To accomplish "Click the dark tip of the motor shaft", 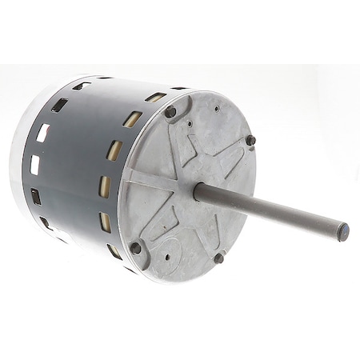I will click(342, 232).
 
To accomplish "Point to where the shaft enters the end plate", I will click(198, 191).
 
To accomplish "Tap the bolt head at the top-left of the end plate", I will click(170, 112).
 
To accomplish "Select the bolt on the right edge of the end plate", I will click(250, 141).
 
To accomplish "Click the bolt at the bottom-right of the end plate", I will click(218, 258).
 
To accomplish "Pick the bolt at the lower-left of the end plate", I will click(135, 247).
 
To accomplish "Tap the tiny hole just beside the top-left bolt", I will click(189, 124).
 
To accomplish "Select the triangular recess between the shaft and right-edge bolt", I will click(229, 164).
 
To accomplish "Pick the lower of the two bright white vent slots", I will click(35, 165).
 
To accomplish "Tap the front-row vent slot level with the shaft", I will click(105, 186).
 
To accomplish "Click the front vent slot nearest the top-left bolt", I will click(133, 119).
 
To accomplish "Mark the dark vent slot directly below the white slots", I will click(36, 196).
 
